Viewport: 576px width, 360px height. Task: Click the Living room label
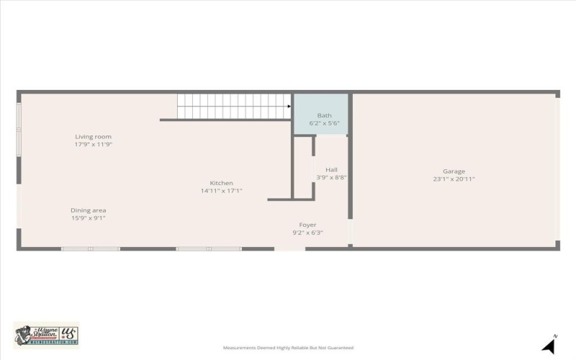point(94,136)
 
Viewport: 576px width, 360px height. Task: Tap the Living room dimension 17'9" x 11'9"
point(94,145)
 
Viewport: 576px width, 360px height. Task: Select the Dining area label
point(89,210)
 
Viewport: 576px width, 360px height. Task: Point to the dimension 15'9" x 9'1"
point(89,218)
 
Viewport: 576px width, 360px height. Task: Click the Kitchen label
point(221,183)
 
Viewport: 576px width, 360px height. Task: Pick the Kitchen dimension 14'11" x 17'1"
point(221,191)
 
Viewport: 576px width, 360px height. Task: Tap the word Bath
point(325,115)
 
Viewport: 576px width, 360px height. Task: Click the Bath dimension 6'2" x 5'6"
point(325,123)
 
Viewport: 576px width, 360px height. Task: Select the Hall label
point(331,170)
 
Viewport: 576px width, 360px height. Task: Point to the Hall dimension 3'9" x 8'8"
point(331,178)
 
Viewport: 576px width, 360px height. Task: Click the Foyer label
point(307,225)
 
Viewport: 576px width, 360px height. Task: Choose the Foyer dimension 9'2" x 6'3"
point(307,233)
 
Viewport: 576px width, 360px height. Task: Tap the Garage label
point(454,171)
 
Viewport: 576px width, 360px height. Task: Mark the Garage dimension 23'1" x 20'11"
point(454,179)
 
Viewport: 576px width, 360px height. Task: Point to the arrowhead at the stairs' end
point(289,107)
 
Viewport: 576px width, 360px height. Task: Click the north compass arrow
point(549,346)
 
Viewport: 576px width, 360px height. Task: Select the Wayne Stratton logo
point(46,336)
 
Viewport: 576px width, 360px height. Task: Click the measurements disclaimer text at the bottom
point(288,348)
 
